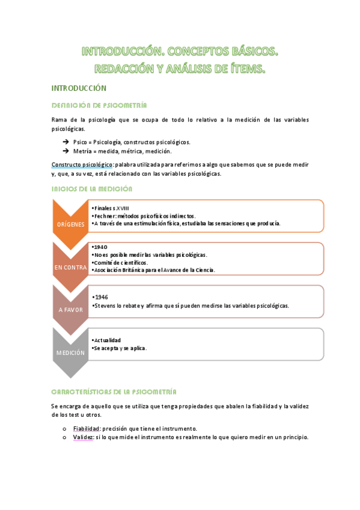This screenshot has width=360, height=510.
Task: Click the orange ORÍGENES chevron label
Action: [70, 224]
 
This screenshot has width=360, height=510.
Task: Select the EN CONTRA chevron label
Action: [70, 267]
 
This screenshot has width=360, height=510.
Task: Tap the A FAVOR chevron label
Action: [70, 310]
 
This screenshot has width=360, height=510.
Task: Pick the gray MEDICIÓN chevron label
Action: [70, 352]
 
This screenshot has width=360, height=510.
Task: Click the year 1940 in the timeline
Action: [101, 247]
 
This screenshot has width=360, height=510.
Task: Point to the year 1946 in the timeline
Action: [101, 298]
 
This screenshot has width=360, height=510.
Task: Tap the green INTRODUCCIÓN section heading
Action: [79, 88]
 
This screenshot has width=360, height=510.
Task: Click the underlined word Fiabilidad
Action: [87, 429]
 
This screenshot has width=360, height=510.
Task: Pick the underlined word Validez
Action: [84, 437]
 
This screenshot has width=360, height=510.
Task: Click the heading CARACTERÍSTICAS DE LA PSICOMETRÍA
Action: [114, 391]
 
